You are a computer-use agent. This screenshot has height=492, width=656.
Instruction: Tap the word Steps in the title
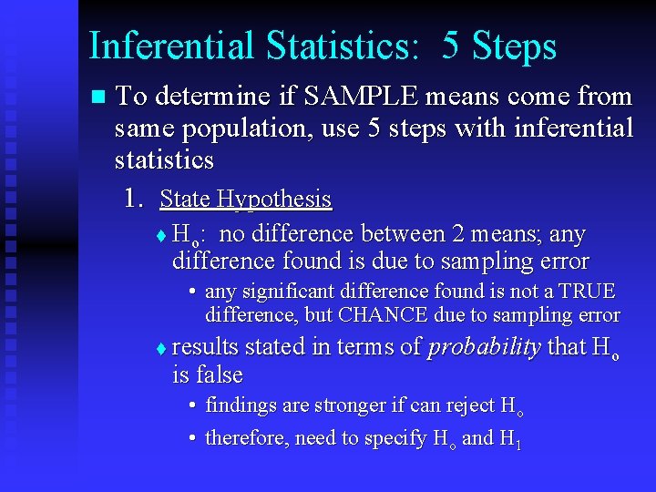(512, 46)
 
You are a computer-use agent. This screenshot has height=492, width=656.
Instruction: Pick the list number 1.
(134, 199)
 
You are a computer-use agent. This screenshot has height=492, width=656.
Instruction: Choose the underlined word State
(185, 199)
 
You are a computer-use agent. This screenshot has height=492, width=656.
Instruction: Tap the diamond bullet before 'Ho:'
(161, 236)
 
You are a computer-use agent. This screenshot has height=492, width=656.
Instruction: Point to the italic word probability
(485, 347)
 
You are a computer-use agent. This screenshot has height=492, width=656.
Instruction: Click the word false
(219, 374)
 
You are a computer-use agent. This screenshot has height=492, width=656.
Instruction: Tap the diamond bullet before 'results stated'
(161, 349)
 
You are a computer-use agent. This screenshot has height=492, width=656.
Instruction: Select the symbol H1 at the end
(510, 438)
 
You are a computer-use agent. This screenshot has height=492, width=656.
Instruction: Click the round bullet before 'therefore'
(194, 438)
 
